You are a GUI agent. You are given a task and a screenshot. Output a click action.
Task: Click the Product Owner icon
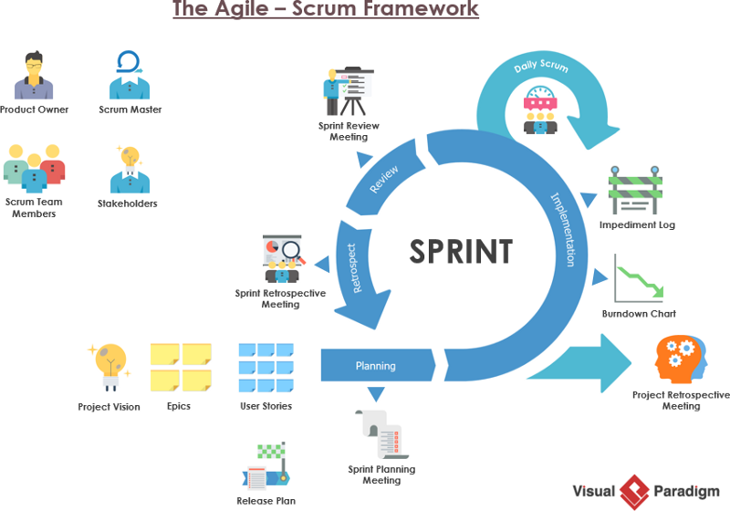tap(34, 76)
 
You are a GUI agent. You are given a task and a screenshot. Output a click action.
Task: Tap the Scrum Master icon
tap(130, 75)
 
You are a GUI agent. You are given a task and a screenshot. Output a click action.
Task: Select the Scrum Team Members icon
tap(34, 167)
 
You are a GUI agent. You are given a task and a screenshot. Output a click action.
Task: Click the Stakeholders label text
tap(127, 203)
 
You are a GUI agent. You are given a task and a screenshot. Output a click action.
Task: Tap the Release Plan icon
tap(266, 466)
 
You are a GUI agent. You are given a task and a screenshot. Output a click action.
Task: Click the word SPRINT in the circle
tap(460, 251)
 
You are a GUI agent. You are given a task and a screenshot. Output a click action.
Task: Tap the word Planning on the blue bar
tap(375, 366)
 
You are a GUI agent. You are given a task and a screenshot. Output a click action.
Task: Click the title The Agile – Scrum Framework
tap(325, 10)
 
